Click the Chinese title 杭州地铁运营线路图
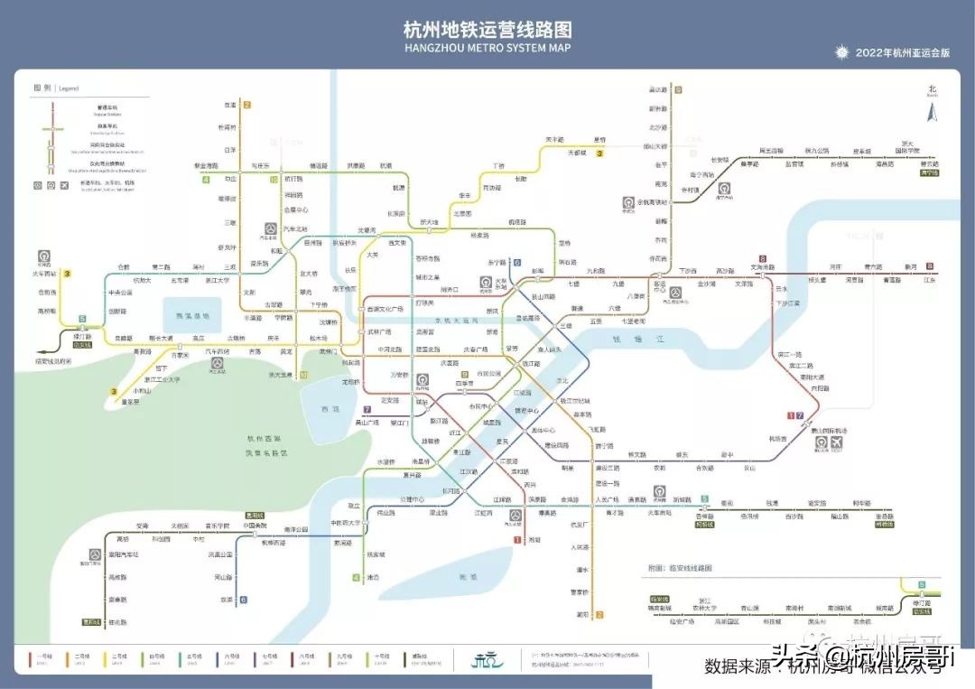pos(487,30)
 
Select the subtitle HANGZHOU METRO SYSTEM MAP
pos(487,48)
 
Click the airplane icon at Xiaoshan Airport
pos(838,442)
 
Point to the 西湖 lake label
pos(330,409)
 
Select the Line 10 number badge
pos(274,179)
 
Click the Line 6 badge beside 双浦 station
pos(243,599)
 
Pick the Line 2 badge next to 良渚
pos(246,105)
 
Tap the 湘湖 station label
pos(534,540)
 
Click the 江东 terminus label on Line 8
pos(930,280)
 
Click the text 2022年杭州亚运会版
pos(903,53)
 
